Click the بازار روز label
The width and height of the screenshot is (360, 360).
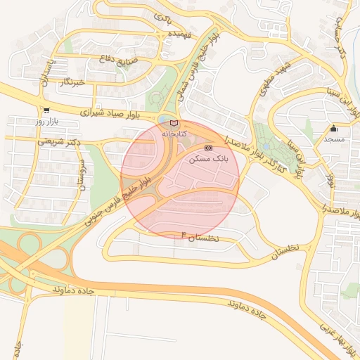pos(47,122)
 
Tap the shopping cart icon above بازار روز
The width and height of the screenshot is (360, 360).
pos(46,110)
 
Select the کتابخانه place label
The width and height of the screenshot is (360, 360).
pos(174,132)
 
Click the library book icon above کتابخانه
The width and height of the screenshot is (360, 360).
pos(174,122)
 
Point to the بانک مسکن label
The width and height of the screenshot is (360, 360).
pos(209,160)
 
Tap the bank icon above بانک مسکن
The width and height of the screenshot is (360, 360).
pos(209,148)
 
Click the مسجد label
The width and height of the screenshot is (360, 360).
pos(333,139)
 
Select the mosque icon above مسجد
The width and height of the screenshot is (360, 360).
pos(333,129)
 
